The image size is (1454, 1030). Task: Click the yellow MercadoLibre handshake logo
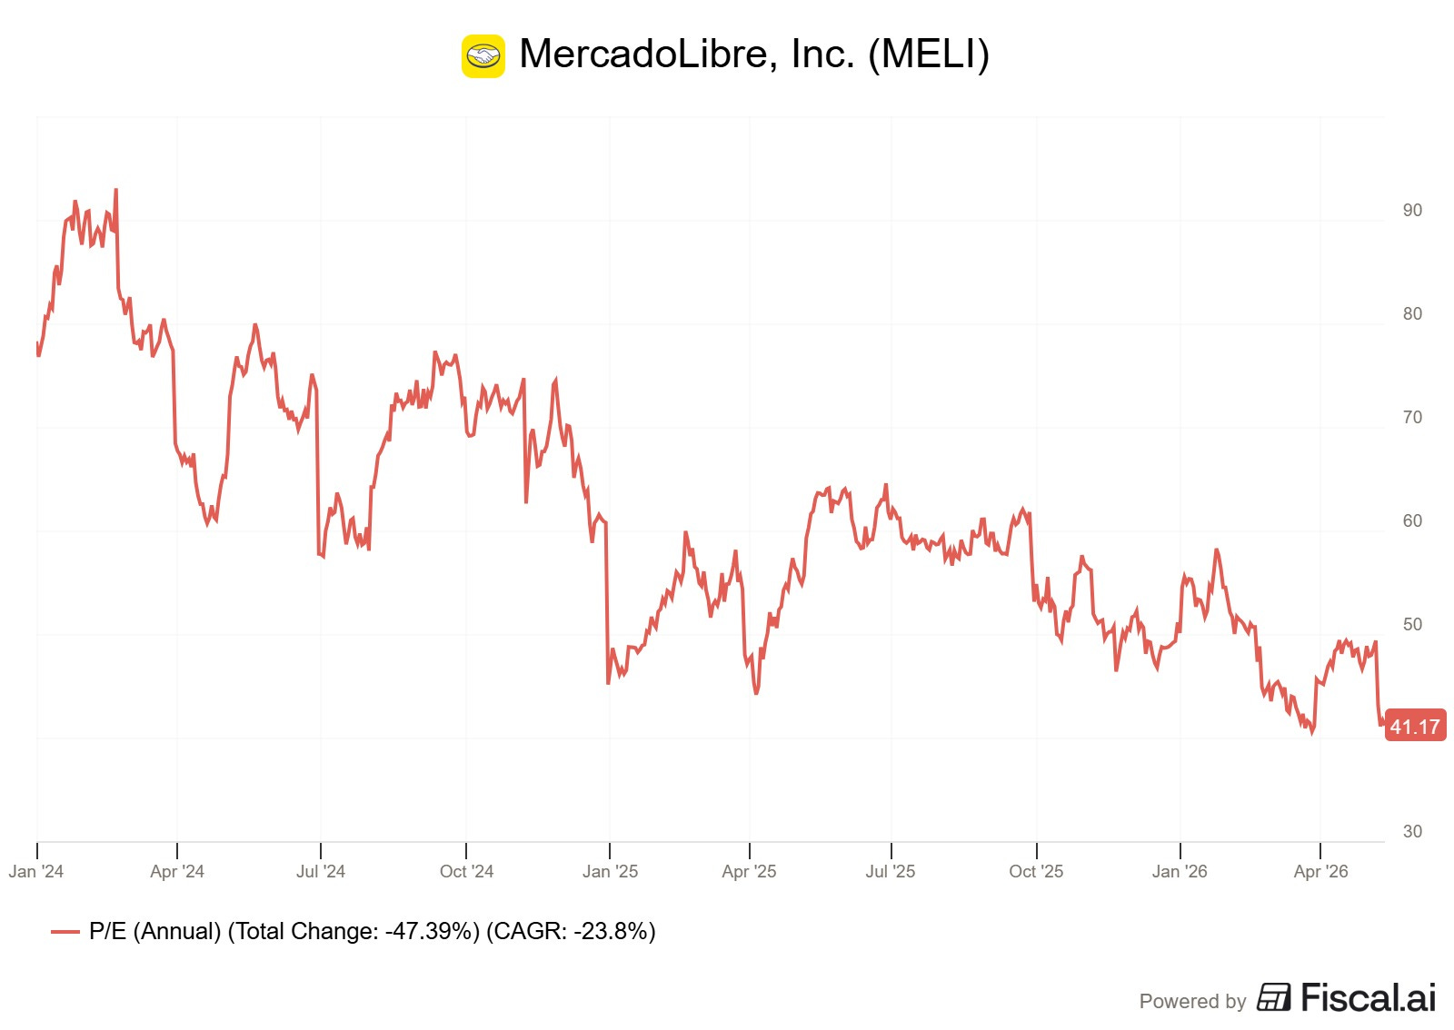(x=483, y=55)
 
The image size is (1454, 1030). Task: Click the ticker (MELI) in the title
(x=928, y=54)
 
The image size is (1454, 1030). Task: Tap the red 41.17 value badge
(x=1415, y=726)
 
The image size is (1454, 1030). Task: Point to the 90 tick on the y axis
(x=1412, y=210)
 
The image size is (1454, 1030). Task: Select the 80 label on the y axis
(x=1412, y=313)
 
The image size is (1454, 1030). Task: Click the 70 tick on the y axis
(x=1412, y=417)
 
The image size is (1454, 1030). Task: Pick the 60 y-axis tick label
(x=1412, y=520)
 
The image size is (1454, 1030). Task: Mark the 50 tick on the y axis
(x=1412, y=624)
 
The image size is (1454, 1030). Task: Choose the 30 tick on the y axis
(x=1412, y=831)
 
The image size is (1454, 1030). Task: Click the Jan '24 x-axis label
(x=36, y=871)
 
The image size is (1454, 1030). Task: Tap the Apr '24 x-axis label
(x=177, y=871)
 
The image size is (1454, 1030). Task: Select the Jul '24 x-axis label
(x=321, y=871)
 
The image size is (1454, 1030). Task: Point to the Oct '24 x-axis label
(x=467, y=871)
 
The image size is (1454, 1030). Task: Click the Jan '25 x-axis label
(x=610, y=871)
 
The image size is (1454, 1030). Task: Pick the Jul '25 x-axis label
(x=891, y=871)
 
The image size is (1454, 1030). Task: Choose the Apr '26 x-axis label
(x=1321, y=871)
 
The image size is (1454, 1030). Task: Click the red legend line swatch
(x=65, y=932)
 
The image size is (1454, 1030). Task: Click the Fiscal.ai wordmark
(x=1369, y=997)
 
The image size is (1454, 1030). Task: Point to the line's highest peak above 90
(x=115, y=190)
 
